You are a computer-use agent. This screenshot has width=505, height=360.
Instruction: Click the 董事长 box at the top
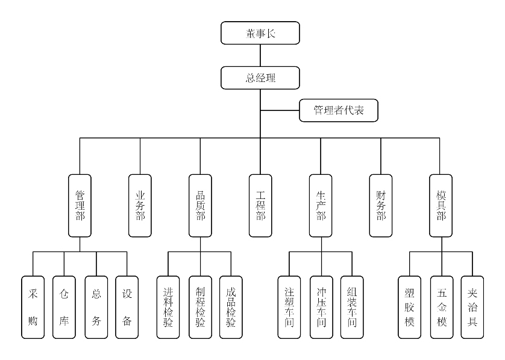pyautogui.click(x=260, y=33)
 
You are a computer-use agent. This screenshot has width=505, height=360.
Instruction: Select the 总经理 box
pyautogui.click(x=260, y=77)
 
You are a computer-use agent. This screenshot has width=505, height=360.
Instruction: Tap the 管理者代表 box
pyautogui.click(x=339, y=110)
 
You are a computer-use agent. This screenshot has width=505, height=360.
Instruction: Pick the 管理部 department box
pyautogui.click(x=80, y=206)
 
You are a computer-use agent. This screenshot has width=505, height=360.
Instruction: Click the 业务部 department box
pyautogui.click(x=140, y=206)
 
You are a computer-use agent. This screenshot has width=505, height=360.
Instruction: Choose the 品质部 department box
pyautogui.click(x=200, y=206)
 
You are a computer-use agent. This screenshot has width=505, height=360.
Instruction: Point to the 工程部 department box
pyautogui.click(x=260, y=206)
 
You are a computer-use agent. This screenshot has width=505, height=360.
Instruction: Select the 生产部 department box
pyautogui.click(x=321, y=206)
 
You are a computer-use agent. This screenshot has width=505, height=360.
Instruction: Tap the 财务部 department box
pyautogui.click(x=381, y=206)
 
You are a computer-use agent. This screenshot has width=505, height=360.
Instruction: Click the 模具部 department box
pyautogui.click(x=441, y=206)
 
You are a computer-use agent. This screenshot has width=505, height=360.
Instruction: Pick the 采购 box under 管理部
pyautogui.click(x=33, y=307)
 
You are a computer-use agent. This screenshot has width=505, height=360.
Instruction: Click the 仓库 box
pyautogui.click(x=64, y=307)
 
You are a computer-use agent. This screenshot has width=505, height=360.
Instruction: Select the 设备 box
pyautogui.click(x=127, y=307)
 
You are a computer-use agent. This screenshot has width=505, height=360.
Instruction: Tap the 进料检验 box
pyautogui.click(x=168, y=307)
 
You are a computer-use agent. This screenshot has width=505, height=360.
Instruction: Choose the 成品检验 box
pyautogui.click(x=231, y=307)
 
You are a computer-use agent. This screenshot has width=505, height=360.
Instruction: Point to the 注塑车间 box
pyautogui.click(x=289, y=307)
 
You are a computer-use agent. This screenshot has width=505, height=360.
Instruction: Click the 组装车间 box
pyautogui.click(x=352, y=307)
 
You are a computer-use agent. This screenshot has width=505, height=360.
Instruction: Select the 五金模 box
pyautogui.click(x=441, y=307)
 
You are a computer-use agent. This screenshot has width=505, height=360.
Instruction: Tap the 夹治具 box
pyautogui.click(x=472, y=307)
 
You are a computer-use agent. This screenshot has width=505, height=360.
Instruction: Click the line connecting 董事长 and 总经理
pyautogui.click(x=260, y=55)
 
